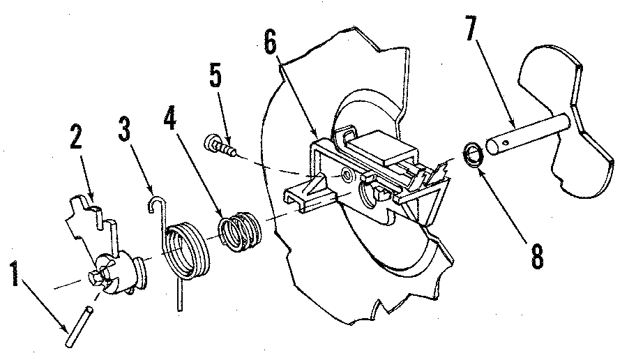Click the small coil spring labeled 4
[x=239, y=230]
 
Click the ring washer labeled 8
[x=472, y=155]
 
